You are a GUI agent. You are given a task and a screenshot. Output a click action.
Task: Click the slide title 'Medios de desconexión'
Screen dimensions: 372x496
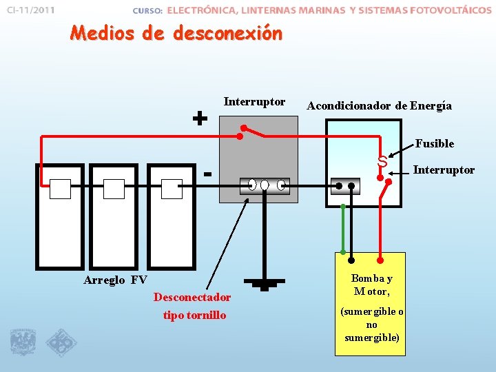pos(176,32)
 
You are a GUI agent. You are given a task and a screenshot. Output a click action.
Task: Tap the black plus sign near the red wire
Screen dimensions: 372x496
pos(200,118)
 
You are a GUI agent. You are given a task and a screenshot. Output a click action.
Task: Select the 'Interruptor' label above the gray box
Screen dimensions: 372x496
pos(254,102)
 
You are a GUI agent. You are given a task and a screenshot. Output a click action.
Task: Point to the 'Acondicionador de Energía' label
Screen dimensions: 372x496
pos(379,105)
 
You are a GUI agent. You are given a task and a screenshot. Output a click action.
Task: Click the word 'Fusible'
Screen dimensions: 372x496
pos(434,143)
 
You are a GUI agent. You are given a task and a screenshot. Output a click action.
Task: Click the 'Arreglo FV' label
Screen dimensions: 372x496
pos(115,280)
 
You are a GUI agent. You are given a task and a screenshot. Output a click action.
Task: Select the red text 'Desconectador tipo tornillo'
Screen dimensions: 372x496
pos(192,306)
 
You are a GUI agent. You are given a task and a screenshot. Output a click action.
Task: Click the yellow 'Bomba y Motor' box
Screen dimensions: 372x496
pos(370,303)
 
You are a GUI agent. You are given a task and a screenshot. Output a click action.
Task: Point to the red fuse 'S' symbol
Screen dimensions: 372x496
pos(381,163)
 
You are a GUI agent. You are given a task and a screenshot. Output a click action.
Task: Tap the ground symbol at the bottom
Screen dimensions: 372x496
pos(264,283)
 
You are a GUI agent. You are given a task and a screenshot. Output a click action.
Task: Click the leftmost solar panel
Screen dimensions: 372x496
pos(59,216)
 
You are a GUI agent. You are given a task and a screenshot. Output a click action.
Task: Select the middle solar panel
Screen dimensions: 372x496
pos(114,216)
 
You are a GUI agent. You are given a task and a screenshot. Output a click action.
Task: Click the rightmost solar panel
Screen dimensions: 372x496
pos(172,216)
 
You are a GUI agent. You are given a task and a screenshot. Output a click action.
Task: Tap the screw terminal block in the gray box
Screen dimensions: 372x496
pos(265,185)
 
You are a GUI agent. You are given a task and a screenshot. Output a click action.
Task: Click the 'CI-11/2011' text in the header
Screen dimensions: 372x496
pos(30,10)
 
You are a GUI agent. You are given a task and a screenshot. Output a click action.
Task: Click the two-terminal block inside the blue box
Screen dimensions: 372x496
pos(344,185)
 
